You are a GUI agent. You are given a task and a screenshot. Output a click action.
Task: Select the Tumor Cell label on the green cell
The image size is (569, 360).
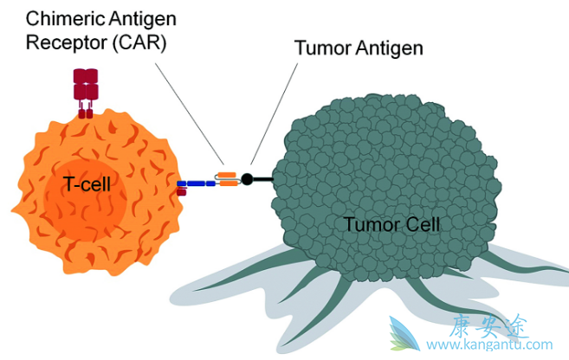point(392,225)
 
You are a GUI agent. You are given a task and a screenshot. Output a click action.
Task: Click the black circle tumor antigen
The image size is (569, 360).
point(247,180)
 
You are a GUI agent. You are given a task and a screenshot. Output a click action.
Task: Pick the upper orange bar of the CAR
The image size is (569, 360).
point(228,175)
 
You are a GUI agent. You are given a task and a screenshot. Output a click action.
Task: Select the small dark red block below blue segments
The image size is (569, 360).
point(181,192)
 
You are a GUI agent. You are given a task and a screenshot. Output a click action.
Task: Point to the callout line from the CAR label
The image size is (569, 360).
point(195,112)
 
